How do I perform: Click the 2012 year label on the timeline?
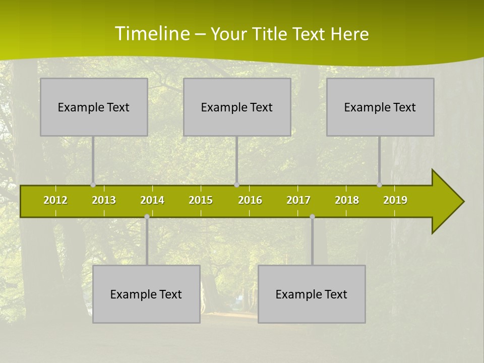55,201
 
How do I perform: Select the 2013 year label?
104,201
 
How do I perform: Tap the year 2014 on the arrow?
152,201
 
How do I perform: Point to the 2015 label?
201,201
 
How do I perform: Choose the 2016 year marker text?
250,201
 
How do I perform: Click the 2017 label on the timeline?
298,201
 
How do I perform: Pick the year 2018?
347,201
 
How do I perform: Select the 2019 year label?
395,201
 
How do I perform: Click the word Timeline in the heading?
152,34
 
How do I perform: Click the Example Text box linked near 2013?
94,107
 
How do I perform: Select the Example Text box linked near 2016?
237,107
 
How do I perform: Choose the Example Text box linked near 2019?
380,107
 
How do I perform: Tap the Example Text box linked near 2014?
146,294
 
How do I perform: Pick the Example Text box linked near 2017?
312,294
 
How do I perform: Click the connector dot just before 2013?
93,185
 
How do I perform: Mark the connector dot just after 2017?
312,217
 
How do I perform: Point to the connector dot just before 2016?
236,185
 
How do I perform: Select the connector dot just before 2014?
147,217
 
